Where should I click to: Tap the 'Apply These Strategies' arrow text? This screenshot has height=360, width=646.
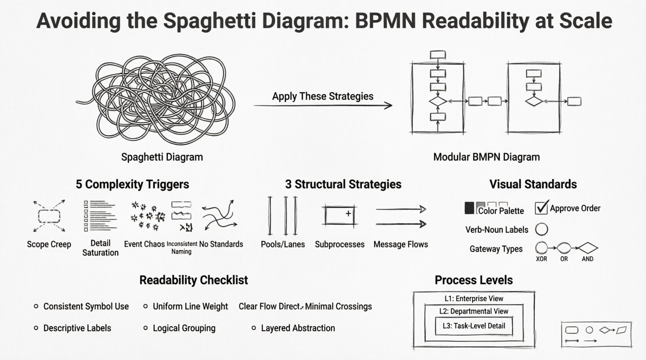tap(323, 96)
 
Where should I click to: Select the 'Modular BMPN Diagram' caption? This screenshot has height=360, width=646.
tap(486, 157)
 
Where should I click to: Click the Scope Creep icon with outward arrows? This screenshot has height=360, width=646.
tap(49, 216)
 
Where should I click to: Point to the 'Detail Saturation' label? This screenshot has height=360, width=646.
tap(100, 248)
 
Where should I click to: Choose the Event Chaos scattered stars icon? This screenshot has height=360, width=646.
tap(148, 216)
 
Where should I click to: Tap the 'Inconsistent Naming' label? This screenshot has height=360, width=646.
tap(182, 247)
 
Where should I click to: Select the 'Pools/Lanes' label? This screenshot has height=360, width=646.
tap(283, 244)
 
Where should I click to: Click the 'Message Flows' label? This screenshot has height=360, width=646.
tap(401, 244)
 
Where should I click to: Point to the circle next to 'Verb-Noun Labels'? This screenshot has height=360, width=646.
tap(542, 229)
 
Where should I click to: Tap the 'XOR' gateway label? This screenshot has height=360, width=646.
tap(541, 259)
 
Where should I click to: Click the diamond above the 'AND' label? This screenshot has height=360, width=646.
tap(588, 248)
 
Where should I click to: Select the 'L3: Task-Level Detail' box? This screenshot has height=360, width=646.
tap(474, 326)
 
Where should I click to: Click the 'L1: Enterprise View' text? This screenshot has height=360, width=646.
tap(474, 299)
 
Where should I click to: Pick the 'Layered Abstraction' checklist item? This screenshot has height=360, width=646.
tap(298, 328)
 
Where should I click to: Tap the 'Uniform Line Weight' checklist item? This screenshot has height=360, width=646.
tap(190, 306)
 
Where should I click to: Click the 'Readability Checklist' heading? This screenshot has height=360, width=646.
tap(193, 280)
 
